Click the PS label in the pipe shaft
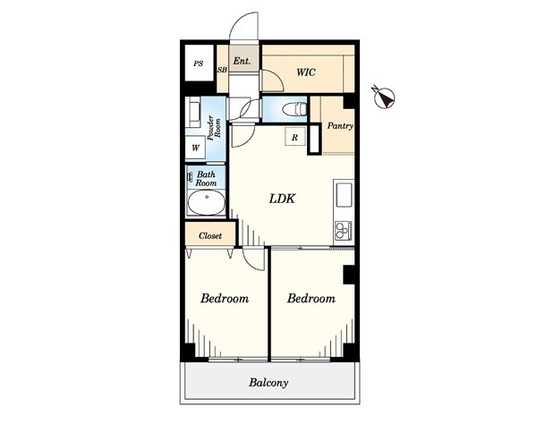click(x=199, y=64)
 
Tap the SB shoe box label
click(x=222, y=70)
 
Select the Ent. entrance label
click(x=242, y=61)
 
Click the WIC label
click(x=306, y=72)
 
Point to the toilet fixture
click(x=294, y=109)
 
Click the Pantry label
click(x=340, y=126)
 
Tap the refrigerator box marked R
click(x=295, y=137)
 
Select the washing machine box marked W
click(x=195, y=148)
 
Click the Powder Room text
click(x=214, y=128)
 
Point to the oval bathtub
click(x=207, y=202)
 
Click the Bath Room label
click(x=206, y=179)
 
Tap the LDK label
click(x=282, y=199)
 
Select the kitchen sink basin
click(x=344, y=195)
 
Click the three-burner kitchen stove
click(x=343, y=230)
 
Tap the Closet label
click(x=210, y=235)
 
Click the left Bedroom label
click(x=225, y=299)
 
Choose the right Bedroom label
click(x=311, y=299)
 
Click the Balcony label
click(x=268, y=382)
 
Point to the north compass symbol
click(x=384, y=97)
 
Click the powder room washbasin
click(x=194, y=112)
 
